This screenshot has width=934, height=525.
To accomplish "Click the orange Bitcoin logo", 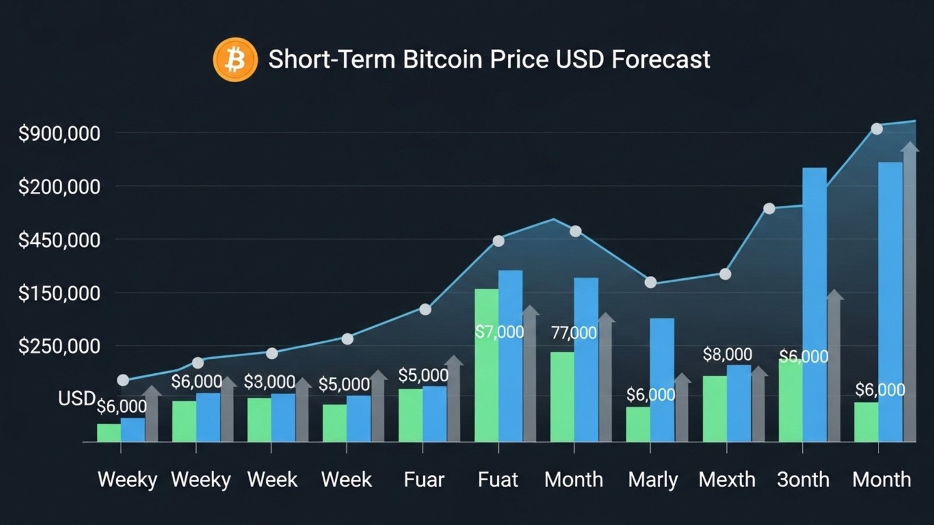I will click(235, 60).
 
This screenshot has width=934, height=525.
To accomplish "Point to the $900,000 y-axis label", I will click(59, 134).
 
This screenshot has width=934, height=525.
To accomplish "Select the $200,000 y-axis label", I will click(59, 187).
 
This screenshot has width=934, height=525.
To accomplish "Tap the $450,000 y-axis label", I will click(59, 240).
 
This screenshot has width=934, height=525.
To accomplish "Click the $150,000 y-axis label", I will click(59, 293).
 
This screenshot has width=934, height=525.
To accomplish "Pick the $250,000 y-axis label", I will click(59, 346).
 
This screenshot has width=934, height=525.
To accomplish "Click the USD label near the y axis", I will click(76, 398).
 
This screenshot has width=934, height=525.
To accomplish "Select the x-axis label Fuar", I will click(424, 480).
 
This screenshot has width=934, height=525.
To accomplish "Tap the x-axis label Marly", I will click(653, 480).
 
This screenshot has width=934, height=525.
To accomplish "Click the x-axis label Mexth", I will click(727, 480).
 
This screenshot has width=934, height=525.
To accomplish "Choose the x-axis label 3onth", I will click(803, 480).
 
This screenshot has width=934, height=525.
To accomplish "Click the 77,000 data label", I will click(574, 333).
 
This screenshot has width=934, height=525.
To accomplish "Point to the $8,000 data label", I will click(727, 354).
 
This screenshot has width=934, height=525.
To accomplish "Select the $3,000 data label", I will click(269, 382).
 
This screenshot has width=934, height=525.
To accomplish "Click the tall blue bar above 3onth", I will click(814, 303).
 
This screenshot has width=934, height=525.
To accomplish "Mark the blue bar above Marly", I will click(662, 379).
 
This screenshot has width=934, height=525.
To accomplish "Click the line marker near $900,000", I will click(877, 129).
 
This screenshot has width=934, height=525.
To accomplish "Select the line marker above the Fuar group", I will click(426, 310).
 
